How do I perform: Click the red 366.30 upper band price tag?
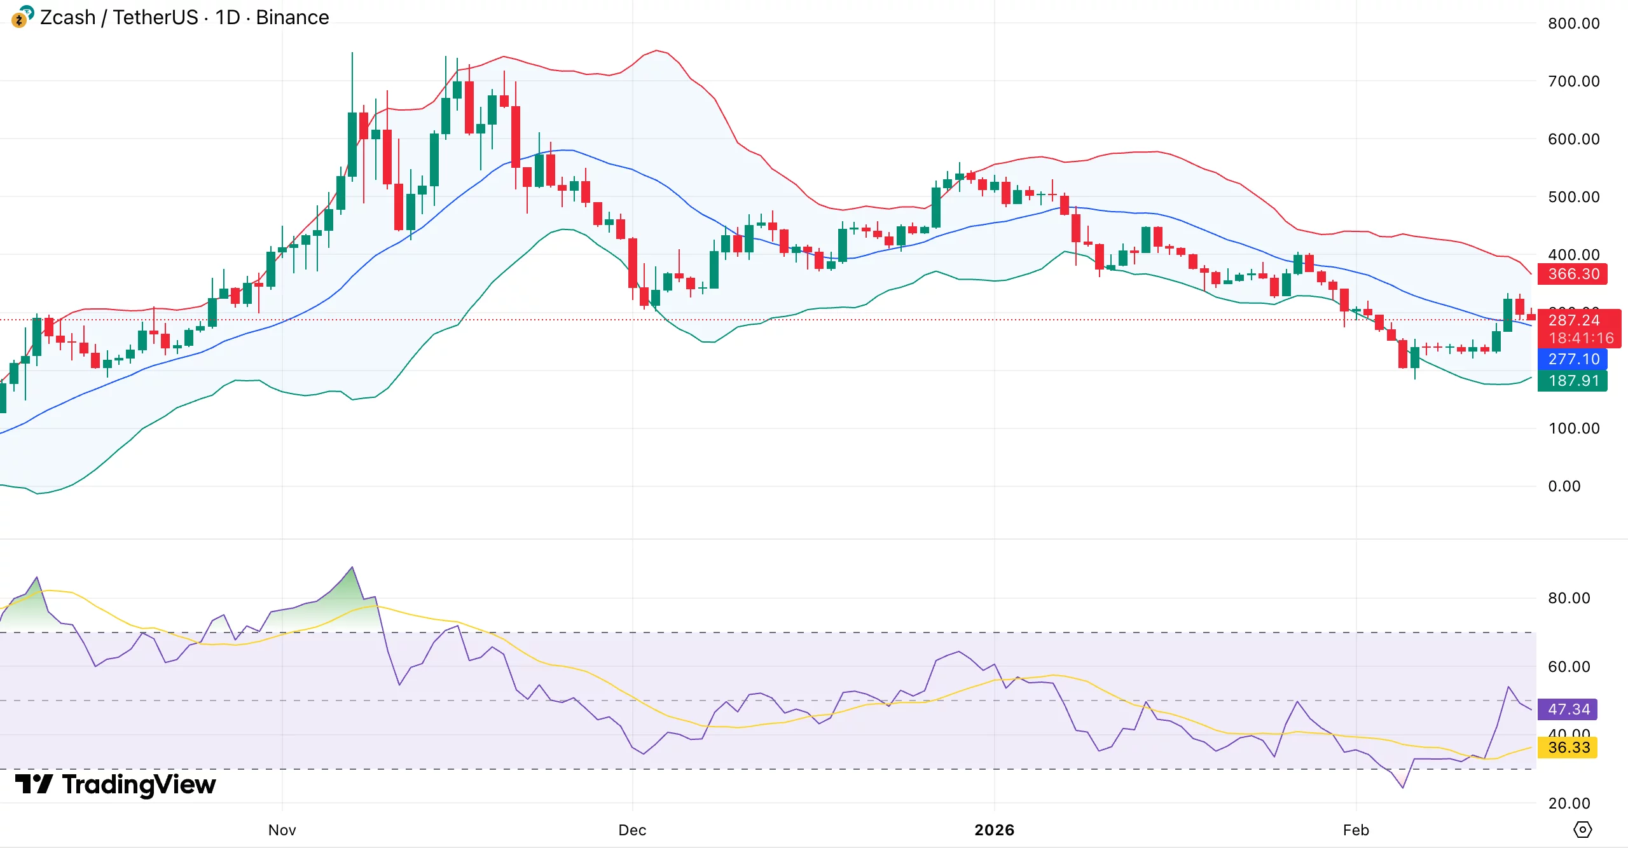1573,274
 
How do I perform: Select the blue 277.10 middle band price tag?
1573,359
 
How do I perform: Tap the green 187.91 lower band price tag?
1573,381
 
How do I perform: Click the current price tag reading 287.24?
1574,320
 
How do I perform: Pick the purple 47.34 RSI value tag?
1569,709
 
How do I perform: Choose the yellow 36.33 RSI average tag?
1569,747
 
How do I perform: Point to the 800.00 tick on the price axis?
1573,24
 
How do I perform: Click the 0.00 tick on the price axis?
1564,486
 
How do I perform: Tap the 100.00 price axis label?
1573,428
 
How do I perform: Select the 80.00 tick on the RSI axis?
1569,598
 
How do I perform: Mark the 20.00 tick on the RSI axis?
1569,803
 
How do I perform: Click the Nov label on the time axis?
282,830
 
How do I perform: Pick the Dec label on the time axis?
632,830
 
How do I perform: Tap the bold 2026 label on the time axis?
995,830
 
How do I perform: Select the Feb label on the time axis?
1356,830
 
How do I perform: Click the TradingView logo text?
139,784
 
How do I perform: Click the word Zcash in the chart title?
67,17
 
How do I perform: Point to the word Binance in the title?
292,17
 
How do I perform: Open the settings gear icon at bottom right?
1582,830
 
